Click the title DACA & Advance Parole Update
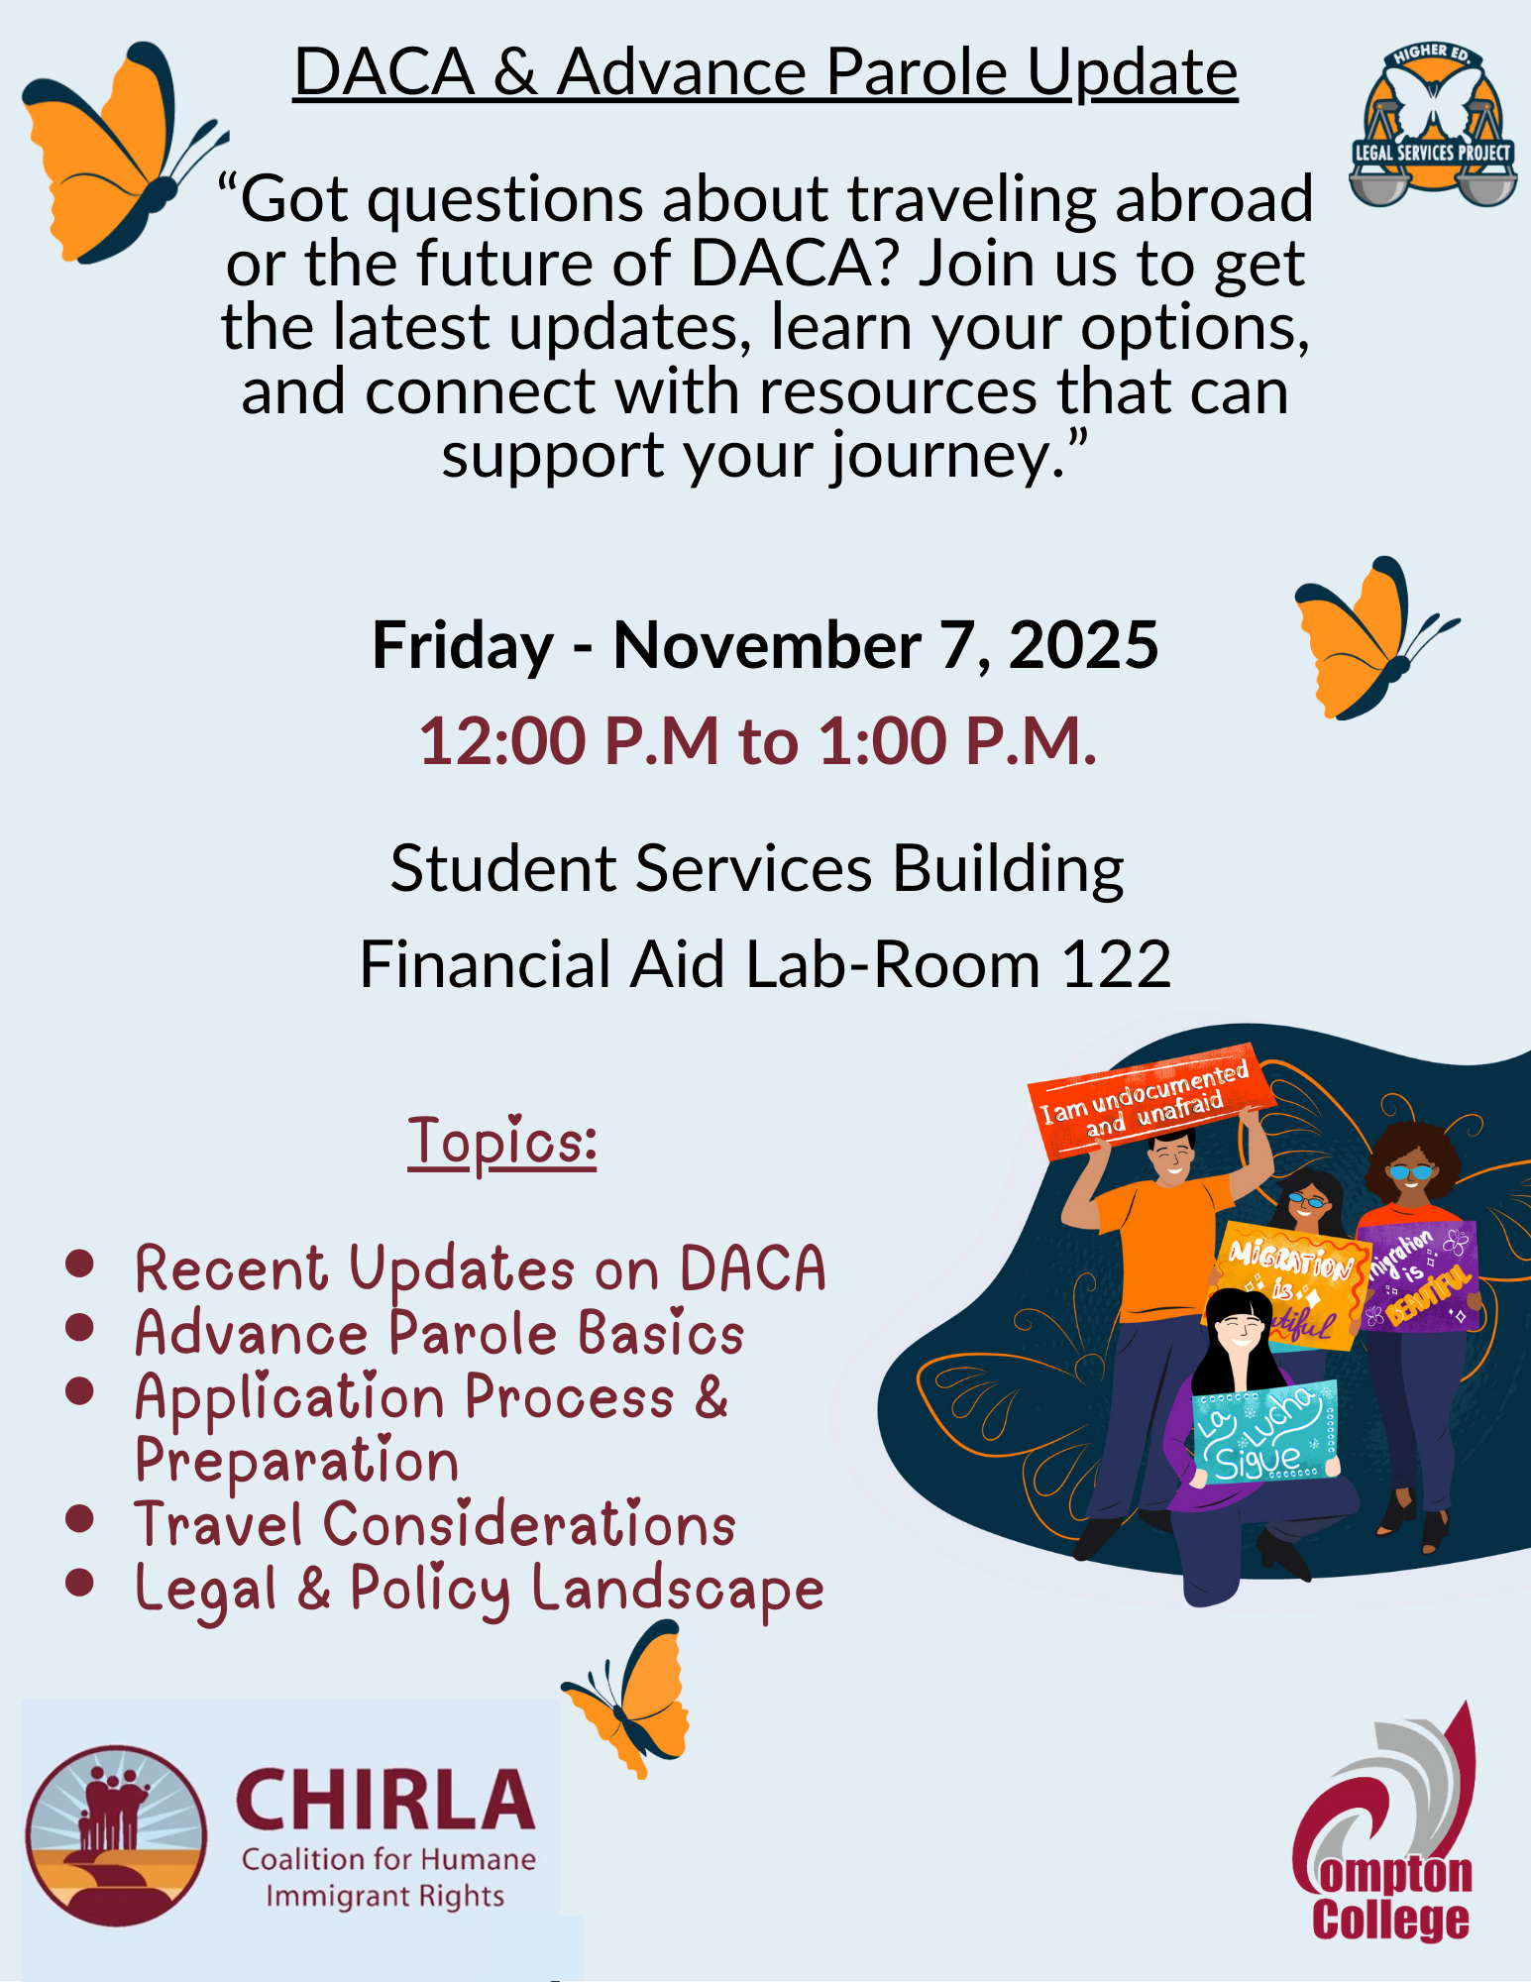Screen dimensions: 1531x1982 (765, 73)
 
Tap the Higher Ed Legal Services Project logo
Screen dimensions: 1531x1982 (1432, 126)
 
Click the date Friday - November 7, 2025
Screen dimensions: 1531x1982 (765, 645)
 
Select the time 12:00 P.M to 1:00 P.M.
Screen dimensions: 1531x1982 (758, 741)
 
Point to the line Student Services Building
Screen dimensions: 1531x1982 (757, 869)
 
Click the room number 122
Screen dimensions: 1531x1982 (1117, 964)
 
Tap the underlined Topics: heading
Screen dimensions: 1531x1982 (502, 1142)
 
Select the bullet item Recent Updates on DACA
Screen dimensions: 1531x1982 (481, 1268)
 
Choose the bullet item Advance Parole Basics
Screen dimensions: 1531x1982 (439, 1333)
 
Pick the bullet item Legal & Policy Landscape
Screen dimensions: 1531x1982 (480, 1590)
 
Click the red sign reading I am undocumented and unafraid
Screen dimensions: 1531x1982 (1149, 1100)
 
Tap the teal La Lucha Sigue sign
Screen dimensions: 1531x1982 (1265, 1432)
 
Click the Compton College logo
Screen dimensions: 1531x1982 (1387, 1826)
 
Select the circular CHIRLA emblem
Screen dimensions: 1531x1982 (117, 1835)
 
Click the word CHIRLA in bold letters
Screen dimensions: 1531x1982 (384, 1801)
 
